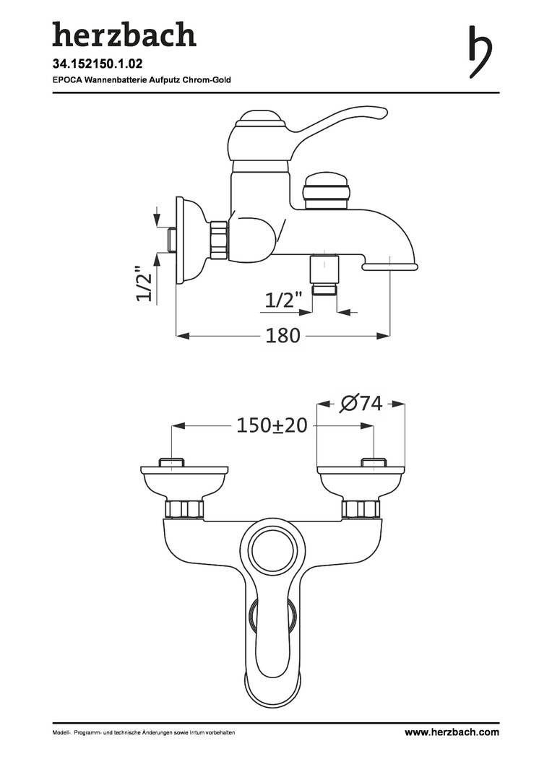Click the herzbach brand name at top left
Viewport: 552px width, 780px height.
click(x=124, y=35)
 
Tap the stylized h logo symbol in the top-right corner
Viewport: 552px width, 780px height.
click(x=480, y=52)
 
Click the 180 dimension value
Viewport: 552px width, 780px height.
click(x=283, y=336)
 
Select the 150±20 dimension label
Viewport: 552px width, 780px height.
click(x=271, y=425)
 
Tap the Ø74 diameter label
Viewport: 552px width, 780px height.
click(x=361, y=404)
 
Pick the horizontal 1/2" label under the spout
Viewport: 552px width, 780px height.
click(x=283, y=300)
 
